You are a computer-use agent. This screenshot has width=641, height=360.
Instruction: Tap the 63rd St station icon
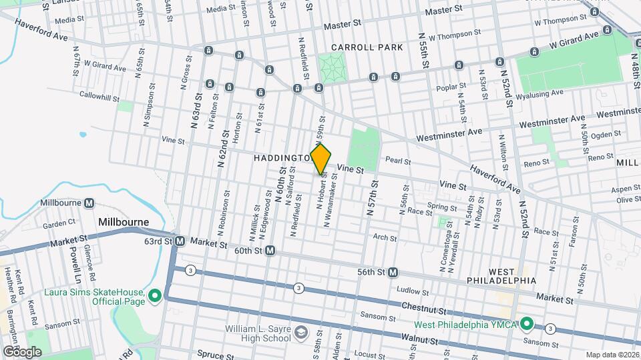179,241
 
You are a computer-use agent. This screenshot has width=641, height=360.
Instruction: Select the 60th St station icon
270,251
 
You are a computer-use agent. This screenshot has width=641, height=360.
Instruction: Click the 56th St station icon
393,272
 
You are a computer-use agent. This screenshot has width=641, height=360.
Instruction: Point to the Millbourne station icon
88,203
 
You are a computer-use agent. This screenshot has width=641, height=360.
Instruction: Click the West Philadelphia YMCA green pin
526,325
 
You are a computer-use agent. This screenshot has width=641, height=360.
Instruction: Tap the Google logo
21,351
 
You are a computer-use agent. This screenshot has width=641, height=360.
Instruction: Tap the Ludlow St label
412,291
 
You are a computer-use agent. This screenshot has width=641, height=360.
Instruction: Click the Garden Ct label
59,223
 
